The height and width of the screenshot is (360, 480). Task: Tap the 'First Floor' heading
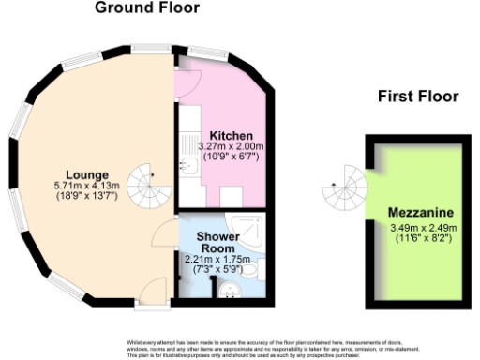418,96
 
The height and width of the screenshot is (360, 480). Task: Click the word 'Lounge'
87,174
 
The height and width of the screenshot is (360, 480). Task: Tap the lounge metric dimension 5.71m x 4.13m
87,187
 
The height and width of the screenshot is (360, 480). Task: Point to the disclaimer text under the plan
240,349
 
